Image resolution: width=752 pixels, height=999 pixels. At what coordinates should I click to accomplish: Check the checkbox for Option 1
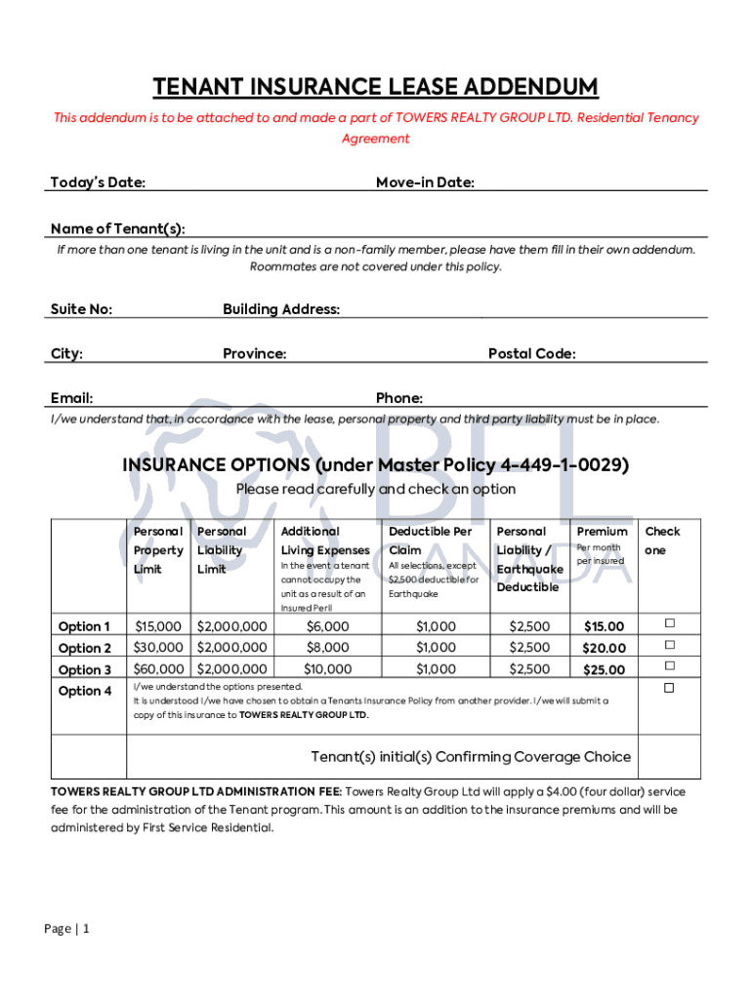tap(670, 623)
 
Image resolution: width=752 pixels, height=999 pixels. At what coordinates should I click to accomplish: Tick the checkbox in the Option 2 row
tap(670, 645)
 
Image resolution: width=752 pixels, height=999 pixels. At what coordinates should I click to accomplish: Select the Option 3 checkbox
tap(670, 666)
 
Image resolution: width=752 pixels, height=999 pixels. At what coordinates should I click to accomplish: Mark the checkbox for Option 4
tap(670, 689)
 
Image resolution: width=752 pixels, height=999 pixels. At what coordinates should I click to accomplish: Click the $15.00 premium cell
tap(604, 626)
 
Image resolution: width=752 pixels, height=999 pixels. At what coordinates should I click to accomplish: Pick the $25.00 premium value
tap(604, 670)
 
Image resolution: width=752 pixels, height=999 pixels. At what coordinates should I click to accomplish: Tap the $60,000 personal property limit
tap(158, 669)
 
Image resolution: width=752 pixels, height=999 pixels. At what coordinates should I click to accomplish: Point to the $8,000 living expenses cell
tap(327, 648)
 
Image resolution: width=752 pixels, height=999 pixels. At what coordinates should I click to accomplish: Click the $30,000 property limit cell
tap(158, 648)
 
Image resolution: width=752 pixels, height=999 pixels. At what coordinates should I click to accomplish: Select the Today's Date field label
tap(98, 183)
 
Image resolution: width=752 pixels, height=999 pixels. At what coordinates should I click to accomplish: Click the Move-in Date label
tap(425, 183)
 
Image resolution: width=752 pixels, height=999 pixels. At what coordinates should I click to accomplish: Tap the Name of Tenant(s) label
tap(117, 229)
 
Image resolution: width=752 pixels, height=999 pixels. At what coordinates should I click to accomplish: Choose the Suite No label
tap(81, 309)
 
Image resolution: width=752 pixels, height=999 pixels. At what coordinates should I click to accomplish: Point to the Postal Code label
tap(531, 354)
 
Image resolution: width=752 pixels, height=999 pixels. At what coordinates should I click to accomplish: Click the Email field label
tap(71, 398)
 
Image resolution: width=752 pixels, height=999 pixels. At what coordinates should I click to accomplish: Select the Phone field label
tap(399, 398)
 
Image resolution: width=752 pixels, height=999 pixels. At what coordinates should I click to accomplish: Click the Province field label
tap(254, 354)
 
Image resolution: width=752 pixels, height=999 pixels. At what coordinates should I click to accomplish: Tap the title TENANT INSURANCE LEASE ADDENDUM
tap(375, 88)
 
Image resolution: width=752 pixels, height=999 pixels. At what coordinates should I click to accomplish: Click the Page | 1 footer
tap(66, 929)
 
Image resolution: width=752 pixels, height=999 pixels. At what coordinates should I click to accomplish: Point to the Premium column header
tap(603, 532)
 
